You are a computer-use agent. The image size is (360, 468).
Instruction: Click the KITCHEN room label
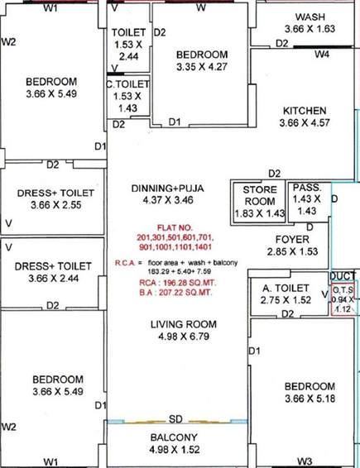click(x=305, y=111)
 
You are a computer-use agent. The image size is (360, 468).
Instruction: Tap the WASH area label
click(x=310, y=17)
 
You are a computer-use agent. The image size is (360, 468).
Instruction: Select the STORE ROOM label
click(x=260, y=195)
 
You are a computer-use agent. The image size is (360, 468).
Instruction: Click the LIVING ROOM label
click(x=184, y=324)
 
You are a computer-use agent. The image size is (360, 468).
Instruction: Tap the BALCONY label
click(x=174, y=437)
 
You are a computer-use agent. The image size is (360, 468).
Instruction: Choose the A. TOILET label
click(x=286, y=288)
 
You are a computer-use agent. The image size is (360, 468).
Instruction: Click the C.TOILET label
click(x=128, y=84)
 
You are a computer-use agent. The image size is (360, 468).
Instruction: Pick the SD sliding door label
click(x=175, y=419)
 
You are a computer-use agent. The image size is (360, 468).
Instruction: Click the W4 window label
click(x=322, y=55)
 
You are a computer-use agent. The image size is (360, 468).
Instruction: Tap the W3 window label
click(x=305, y=461)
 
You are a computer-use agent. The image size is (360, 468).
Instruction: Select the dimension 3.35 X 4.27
click(x=202, y=66)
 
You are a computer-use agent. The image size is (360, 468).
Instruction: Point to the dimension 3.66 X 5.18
click(x=310, y=399)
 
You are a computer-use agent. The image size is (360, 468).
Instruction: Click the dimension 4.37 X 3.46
click(x=168, y=200)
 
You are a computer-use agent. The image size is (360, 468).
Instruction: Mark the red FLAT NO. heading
click(x=175, y=227)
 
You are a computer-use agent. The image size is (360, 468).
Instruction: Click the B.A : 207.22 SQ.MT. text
click(x=176, y=292)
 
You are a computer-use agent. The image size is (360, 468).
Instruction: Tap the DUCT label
click(x=343, y=276)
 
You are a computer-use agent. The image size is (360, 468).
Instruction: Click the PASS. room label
click(x=307, y=188)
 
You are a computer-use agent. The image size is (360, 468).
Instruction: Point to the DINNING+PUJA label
click(x=168, y=189)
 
